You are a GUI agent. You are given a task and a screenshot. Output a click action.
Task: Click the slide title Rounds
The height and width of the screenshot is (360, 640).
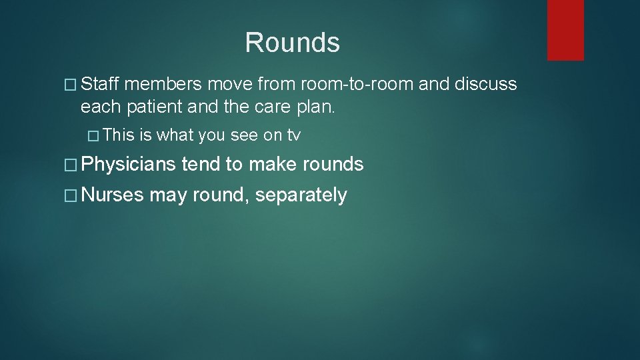click(292, 43)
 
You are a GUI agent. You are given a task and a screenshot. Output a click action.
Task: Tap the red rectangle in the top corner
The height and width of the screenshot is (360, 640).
click(565, 29)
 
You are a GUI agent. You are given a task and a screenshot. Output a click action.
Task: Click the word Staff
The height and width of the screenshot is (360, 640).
click(100, 84)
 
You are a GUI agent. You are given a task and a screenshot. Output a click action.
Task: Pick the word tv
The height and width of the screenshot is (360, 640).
click(293, 135)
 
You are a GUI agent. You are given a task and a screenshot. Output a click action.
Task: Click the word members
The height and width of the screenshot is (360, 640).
click(163, 84)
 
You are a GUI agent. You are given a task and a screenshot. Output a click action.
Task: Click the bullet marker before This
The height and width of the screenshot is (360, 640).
click(94, 136)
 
